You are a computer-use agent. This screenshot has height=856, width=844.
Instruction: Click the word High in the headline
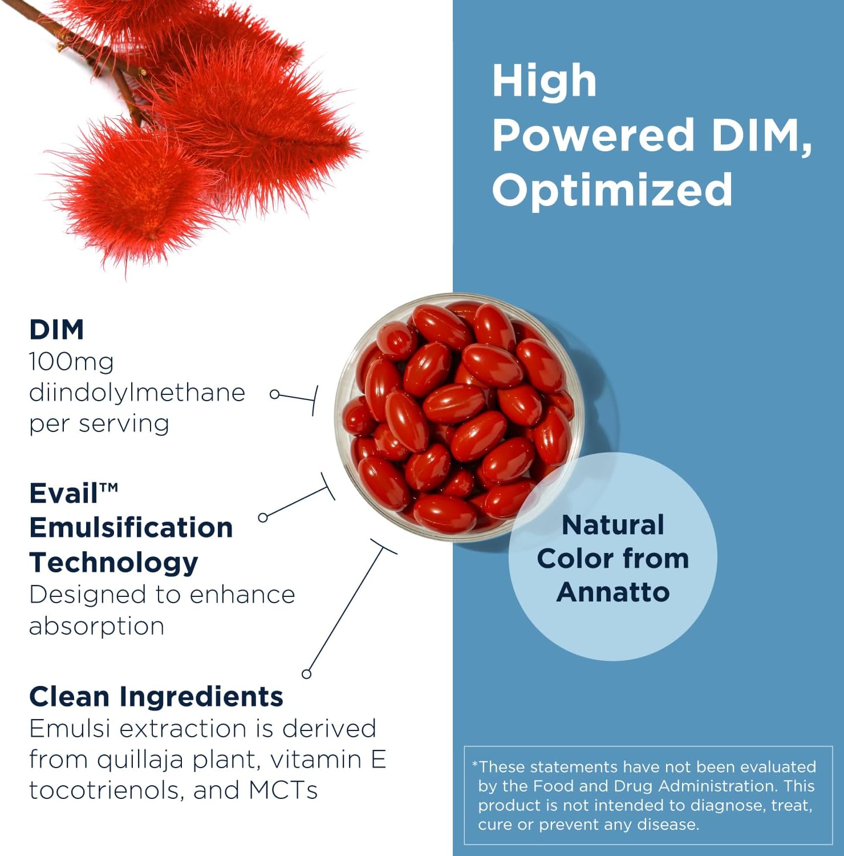(x=544, y=81)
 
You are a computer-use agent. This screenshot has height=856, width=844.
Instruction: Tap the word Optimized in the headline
(x=612, y=189)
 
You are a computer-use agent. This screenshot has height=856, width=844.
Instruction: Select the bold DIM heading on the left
(x=56, y=330)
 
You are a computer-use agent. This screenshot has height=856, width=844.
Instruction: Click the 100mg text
(x=71, y=362)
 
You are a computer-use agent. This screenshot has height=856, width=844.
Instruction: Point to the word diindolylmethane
(x=137, y=393)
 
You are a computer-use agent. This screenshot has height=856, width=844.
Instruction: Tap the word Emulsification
(x=131, y=527)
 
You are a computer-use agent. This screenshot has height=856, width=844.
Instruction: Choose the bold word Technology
(x=113, y=562)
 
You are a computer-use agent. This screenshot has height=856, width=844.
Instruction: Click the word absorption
(x=96, y=627)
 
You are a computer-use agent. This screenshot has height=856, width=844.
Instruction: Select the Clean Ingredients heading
(x=156, y=697)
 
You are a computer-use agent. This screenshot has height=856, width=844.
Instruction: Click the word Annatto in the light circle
(x=613, y=592)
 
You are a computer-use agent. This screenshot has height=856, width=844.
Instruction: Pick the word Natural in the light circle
(x=613, y=525)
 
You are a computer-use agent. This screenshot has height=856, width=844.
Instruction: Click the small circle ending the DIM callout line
(x=275, y=394)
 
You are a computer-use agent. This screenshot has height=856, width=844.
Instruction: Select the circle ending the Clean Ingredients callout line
(x=307, y=674)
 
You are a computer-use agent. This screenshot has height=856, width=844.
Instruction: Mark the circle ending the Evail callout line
(x=263, y=518)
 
